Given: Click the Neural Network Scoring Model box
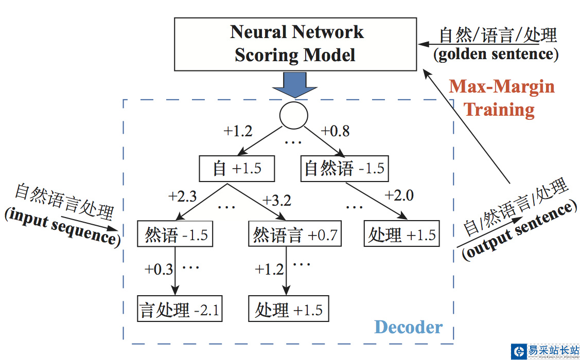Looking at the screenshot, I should pyautogui.click(x=295, y=44).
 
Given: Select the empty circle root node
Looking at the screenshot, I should pyautogui.click(x=293, y=114).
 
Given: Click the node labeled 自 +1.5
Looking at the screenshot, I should pyautogui.click(x=237, y=169).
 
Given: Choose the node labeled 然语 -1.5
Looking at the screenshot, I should pyautogui.click(x=175, y=236).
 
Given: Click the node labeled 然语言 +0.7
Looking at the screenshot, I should pyautogui.click(x=294, y=236).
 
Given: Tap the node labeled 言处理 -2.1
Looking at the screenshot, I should pyautogui.click(x=180, y=310).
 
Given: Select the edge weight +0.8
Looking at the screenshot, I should pyautogui.click(x=335, y=131).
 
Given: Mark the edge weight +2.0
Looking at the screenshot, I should pyautogui.click(x=399, y=195).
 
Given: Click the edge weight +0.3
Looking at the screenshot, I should pyautogui.click(x=159, y=269).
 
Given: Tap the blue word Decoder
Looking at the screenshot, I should pyautogui.click(x=408, y=327).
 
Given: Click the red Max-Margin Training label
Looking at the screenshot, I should pyautogui.click(x=501, y=98).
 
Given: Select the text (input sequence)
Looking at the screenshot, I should pyautogui.click(x=61, y=227).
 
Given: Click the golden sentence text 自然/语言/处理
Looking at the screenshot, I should pyautogui.click(x=498, y=35).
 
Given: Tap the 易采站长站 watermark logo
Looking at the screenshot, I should pyautogui.click(x=545, y=351).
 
